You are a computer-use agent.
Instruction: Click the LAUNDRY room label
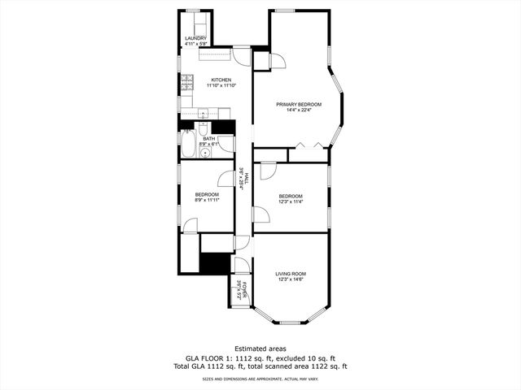(x=195, y=38)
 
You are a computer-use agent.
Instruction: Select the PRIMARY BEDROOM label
(x=299, y=104)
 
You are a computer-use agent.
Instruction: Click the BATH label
(x=209, y=139)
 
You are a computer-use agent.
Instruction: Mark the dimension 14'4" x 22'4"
(x=299, y=110)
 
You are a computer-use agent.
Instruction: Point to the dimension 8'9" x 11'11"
(x=207, y=200)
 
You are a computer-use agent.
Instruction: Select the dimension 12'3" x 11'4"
(x=291, y=202)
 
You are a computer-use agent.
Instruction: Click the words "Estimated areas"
(x=260, y=349)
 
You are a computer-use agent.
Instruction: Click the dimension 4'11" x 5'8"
(x=195, y=44)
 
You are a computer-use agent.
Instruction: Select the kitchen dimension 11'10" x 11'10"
(x=221, y=85)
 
